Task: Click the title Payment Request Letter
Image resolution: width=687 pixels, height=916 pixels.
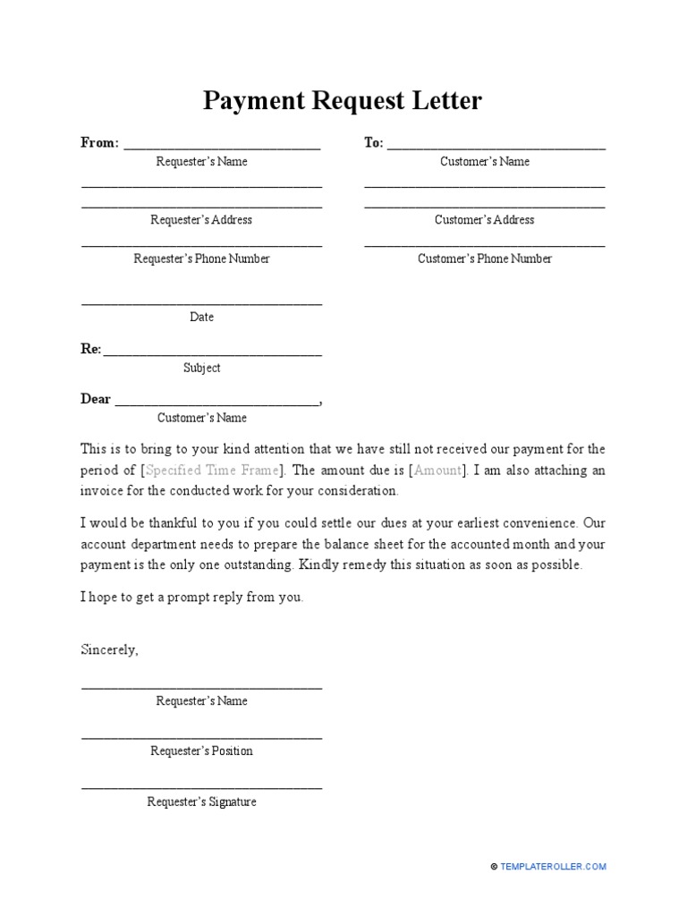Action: click(x=343, y=101)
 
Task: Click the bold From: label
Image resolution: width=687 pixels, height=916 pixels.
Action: click(x=99, y=143)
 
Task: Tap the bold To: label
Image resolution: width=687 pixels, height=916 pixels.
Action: click(x=374, y=143)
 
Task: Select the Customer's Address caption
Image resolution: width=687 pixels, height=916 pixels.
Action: click(x=485, y=220)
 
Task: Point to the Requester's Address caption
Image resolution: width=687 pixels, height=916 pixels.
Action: click(x=201, y=220)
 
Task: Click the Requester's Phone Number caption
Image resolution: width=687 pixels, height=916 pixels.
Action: click(x=201, y=259)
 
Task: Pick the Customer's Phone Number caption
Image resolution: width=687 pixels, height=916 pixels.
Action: click(x=485, y=259)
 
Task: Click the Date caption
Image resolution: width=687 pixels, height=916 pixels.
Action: click(x=201, y=317)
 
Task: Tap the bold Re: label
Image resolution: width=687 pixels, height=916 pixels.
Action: click(x=91, y=350)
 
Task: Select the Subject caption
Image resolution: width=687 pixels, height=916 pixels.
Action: click(x=201, y=368)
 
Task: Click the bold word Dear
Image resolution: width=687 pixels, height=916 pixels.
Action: click(x=96, y=399)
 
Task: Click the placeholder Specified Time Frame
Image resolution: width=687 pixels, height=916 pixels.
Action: click(x=212, y=470)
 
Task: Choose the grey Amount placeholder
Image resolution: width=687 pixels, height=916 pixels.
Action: click(x=438, y=470)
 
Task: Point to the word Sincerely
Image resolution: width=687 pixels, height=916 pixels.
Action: click(x=109, y=649)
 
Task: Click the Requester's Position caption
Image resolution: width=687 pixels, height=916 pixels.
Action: click(x=201, y=751)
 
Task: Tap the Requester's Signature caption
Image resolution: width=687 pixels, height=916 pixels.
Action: click(x=201, y=802)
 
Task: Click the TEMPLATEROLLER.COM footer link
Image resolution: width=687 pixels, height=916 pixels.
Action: click(x=553, y=867)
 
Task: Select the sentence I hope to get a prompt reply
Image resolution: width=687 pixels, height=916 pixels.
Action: click(x=191, y=598)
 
